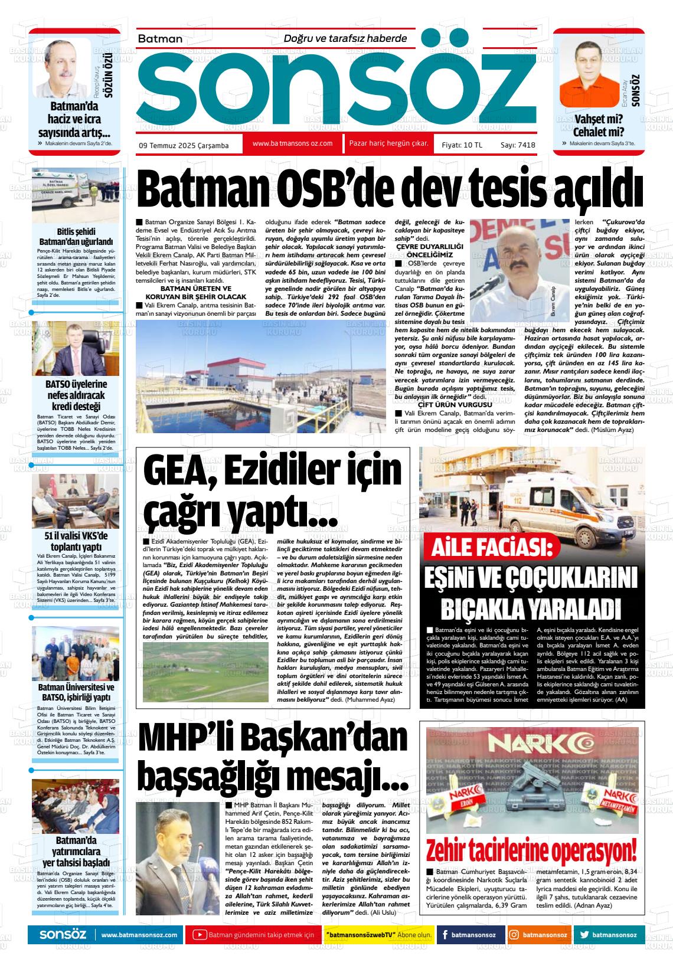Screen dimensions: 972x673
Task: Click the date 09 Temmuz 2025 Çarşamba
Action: (184, 145)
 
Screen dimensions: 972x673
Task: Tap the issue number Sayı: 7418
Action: (518, 145)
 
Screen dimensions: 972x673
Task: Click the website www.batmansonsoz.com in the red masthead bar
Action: (292, 143)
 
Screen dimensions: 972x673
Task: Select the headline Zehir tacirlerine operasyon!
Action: (532, 852)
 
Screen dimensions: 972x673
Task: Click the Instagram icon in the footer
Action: (515, 935)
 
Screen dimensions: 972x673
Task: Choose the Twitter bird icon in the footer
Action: (584, 935)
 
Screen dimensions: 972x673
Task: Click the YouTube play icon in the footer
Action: (200, 935)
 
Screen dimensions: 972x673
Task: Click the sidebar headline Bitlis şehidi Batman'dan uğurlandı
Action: (76, 237)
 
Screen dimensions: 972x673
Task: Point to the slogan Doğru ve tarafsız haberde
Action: (345, 38)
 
